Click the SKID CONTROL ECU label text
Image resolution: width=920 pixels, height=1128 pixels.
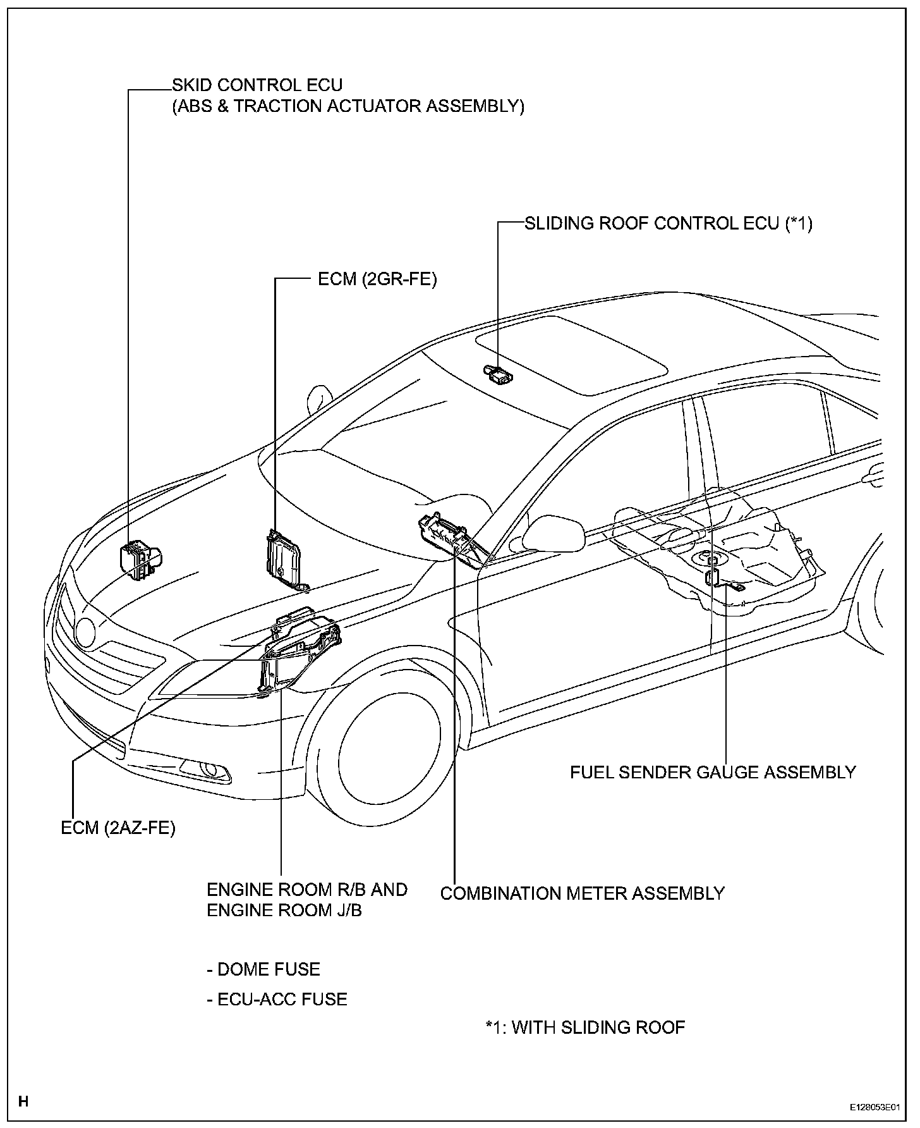[258, 85]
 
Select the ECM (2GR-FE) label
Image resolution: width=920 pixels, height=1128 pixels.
[377, 279]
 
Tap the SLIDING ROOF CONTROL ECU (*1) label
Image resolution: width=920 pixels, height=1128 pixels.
[669, 223]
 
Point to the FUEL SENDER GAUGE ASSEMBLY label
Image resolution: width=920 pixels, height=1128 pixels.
[713, 772]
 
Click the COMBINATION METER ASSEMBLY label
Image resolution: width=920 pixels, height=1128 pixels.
[582, 893]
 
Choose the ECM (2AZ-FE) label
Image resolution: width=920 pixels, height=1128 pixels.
[118, 828]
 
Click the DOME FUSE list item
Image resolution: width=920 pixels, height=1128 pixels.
[263, 969]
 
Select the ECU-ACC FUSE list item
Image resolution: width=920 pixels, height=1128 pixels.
[277, 1000]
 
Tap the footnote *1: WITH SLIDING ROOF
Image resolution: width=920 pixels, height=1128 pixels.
[585, 1027]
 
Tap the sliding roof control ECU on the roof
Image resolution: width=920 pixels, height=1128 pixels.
[498, 374]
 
